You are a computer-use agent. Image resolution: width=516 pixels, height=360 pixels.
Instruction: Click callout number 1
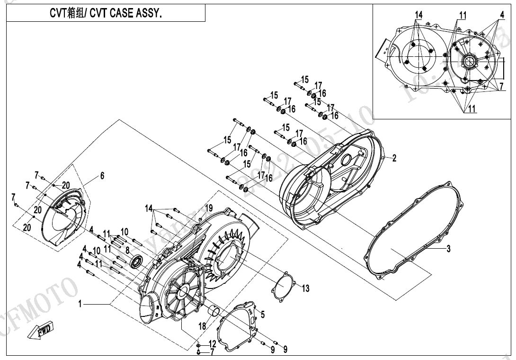[80, 304]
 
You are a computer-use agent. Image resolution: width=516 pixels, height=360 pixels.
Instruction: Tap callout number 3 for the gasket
[448, 249]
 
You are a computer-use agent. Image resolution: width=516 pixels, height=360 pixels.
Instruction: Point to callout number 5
[263, 314]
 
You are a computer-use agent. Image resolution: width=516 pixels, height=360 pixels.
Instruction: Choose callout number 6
[102, 176]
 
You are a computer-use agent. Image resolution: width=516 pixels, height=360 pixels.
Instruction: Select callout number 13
[305, 288]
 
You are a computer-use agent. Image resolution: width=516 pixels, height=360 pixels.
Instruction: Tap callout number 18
[202, 326]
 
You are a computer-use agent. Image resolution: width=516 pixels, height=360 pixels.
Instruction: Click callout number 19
[209, 208]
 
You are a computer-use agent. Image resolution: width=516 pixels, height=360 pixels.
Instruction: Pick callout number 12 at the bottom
[212, 343]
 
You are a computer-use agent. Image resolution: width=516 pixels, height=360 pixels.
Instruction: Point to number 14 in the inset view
[418, 15]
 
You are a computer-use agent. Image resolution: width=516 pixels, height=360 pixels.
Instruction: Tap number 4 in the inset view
[501, 15]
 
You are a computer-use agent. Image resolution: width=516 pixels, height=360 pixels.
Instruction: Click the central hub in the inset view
[470, 61]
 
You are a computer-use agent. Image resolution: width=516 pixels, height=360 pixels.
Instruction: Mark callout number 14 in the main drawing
[149, 208]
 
